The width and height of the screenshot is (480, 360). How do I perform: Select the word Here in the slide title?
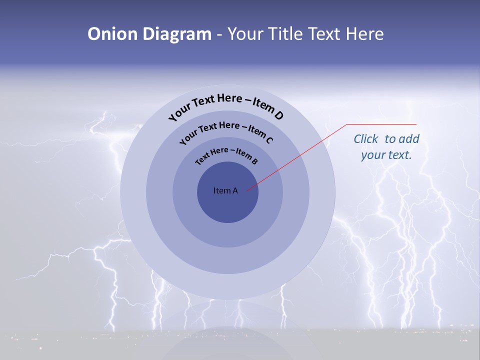point(362,34)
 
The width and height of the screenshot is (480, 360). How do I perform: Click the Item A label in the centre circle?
point(225,190)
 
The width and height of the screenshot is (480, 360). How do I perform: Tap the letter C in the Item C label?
point(269,139)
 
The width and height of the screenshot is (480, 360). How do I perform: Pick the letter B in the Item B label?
point(254,161)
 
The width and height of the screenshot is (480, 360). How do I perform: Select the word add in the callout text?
point(409,139)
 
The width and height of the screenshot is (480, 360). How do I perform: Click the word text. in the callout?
point(400,155)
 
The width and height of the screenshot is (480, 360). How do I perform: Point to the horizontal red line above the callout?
point(381,124)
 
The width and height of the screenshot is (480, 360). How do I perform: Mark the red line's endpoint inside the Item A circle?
point(247,190)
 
